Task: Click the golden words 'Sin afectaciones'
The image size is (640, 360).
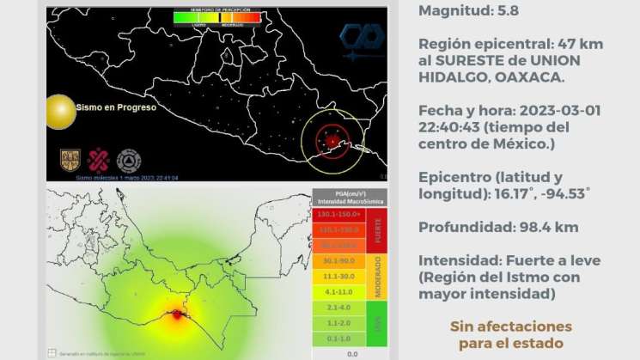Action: point(510,326)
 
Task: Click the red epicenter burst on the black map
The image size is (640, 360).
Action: point(331,138)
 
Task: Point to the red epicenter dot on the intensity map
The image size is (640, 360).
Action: point(177,315)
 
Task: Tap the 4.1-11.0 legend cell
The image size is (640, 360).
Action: point(338,291)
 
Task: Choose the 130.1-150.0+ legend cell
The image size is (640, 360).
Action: point(338,214)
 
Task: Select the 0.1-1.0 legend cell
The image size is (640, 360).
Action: point(338,339)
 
